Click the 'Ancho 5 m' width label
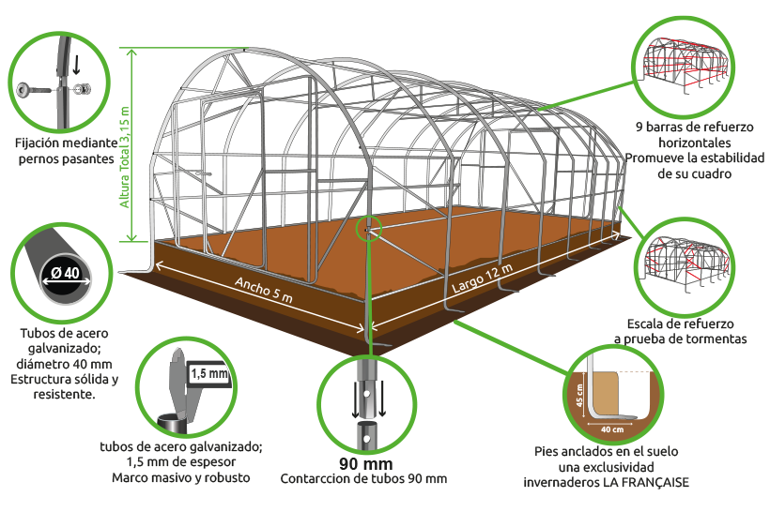coord(264,290)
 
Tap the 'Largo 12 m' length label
coord(482,278)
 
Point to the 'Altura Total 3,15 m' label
coord(125,157)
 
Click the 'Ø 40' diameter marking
coord(66,273)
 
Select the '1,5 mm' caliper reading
coord(209,374)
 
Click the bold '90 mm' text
coord(366,464)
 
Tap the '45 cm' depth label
coord(579,395)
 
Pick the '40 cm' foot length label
coord(612,429)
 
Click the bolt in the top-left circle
coord(34,90)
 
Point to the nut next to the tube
coord(82,89)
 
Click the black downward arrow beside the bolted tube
coord(76,64)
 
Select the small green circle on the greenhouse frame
coord(369,228)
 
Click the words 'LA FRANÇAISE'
coord(646,482)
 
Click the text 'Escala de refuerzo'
coord(680,324)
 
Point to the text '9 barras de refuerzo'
coord(694,127)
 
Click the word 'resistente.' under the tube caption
coord(65,394)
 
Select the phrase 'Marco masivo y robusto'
coord(180,477)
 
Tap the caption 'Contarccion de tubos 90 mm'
coord(363,479)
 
